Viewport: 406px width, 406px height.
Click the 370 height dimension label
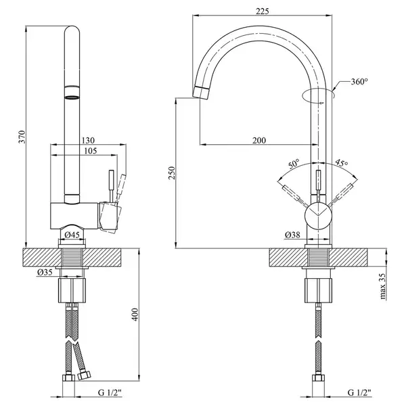[23, 137]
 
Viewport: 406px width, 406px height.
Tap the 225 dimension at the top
[263, 11]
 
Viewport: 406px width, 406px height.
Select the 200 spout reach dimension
[259, 140]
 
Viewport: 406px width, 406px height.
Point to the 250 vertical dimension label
[172, 173]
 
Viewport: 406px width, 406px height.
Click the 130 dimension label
[88, 140]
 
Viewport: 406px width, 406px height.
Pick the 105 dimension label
[91, 151]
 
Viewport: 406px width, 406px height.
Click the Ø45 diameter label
[72, 235]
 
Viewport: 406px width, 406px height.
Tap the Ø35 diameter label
[45, 272]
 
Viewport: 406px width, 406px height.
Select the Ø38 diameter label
[292, 235]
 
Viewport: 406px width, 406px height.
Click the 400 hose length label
[135, 315]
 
